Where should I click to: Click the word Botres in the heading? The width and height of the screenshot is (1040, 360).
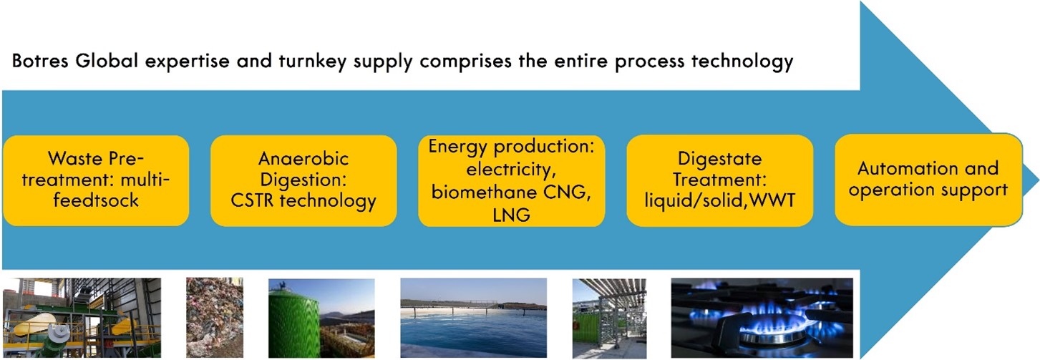40,61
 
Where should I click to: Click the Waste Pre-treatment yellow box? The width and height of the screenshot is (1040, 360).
96,180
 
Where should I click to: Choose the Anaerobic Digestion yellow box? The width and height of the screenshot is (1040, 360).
303,180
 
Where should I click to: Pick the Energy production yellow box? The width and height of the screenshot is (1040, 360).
511,180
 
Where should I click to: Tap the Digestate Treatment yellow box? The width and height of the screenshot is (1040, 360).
719,180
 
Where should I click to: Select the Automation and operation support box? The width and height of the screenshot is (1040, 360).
928,180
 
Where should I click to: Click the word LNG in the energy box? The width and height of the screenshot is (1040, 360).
511,215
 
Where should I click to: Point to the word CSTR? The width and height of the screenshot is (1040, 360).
253,200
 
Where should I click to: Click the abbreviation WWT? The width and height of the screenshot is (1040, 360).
772,200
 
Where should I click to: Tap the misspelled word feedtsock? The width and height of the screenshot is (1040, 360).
96,200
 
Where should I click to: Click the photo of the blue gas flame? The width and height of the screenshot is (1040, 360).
762,318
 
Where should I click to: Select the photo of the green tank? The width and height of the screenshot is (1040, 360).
321,318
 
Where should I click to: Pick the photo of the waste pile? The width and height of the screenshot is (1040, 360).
215,318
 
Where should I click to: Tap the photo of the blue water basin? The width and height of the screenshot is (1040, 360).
474,318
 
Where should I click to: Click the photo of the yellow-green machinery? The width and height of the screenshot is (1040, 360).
82,318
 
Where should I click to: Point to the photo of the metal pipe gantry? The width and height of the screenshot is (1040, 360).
609,318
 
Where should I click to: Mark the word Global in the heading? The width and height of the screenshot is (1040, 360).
107,61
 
